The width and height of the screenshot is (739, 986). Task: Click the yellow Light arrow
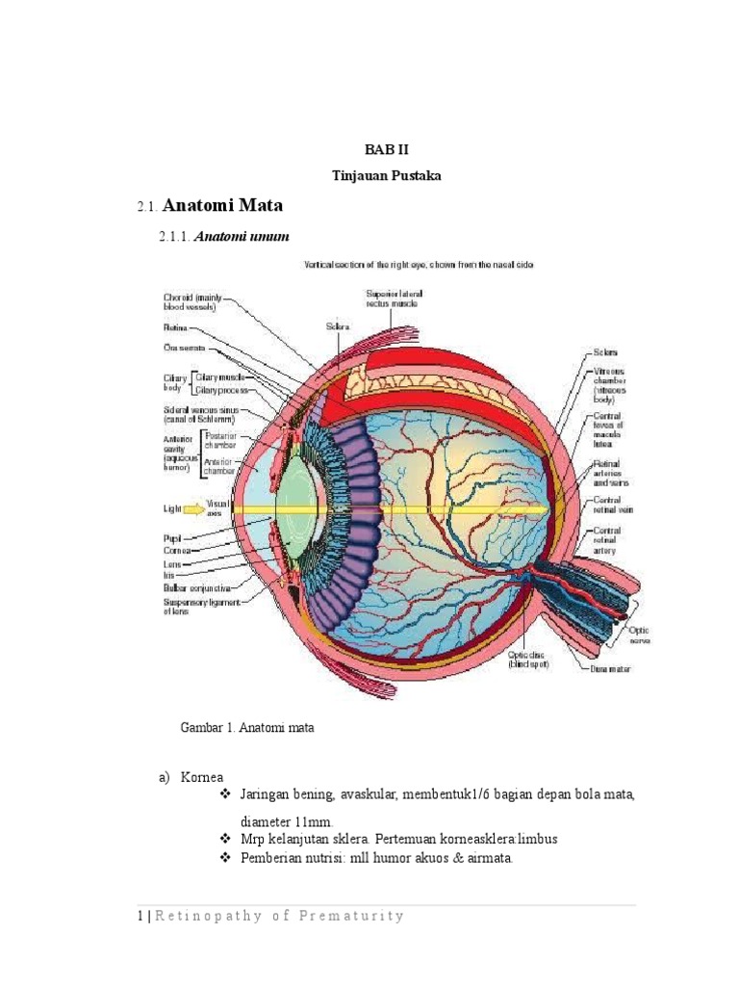click(193, 506)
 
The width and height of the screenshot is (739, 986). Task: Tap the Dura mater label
click(610, 668)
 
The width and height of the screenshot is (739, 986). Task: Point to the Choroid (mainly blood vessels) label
click(192, 303)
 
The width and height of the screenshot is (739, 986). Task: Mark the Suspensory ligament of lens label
click(199, 604)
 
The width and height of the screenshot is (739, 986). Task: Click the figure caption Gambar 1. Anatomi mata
click(247, 729)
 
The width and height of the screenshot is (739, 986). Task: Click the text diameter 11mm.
click(286, 821)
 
